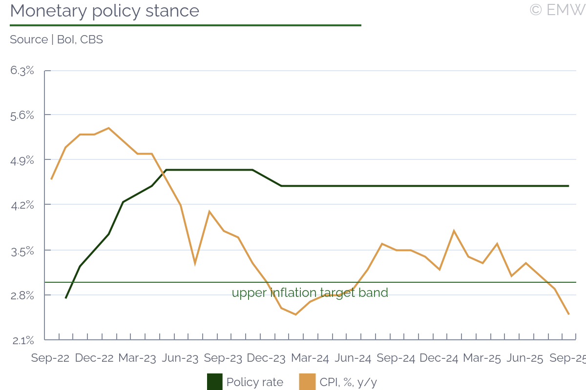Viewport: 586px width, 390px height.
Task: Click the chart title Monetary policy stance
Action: coord(105,11)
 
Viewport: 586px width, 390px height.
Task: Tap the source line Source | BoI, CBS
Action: coord(56,39)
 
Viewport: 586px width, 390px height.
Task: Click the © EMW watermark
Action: coord(557,10)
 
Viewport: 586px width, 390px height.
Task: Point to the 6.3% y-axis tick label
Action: coord(22,71)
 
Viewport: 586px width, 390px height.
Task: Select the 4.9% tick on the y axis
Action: coord(22,160)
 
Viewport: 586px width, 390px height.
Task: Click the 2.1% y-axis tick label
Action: coord(22,340)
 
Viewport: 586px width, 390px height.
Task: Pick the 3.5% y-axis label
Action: coord(22,251)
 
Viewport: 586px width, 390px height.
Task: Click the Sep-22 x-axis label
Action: coord(50,358)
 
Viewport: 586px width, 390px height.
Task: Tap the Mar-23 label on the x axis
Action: coord(137,358)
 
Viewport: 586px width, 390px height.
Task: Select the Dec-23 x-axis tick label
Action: coord(266,358)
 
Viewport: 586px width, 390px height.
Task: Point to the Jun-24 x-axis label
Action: coord(353,358)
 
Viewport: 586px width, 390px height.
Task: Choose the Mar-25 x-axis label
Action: coord(482,358)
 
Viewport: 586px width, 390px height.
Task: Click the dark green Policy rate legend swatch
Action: coord(215,382)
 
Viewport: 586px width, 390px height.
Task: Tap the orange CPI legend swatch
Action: coord(307,382)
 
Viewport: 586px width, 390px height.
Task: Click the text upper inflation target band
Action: coord(310,293)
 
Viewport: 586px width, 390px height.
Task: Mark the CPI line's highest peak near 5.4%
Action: coord(108,128)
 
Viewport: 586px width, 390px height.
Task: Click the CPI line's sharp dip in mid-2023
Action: coord(195,263)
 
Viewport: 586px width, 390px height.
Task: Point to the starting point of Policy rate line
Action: coord(65,298)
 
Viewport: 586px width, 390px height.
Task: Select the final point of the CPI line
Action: coord(568,314)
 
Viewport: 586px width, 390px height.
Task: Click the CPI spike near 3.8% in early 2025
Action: coord(454,231)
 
